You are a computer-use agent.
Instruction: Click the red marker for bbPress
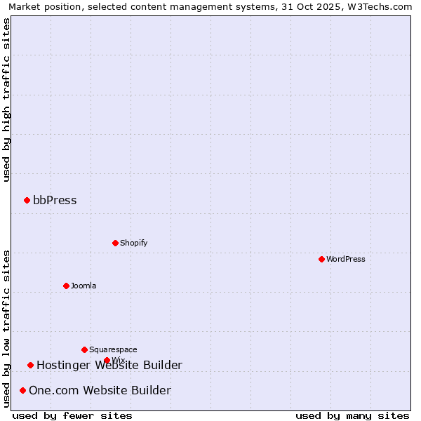[27, 201]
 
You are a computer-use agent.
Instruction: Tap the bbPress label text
[55, 201]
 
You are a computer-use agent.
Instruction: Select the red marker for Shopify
[115, 243]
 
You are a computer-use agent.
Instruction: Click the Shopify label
[133, 243]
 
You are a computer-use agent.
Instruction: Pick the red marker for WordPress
[321, 260]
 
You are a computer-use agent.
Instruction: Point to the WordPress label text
[345, 260]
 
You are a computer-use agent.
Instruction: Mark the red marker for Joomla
[66, 286]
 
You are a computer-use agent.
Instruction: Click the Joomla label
[83, 286]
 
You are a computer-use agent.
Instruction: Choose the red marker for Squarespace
[84, 350]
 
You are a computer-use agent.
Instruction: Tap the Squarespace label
[113, 350]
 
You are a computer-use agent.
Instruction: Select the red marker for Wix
[107, 361]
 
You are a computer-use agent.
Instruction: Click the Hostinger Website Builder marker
[30, 366]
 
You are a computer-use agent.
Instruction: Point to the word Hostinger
[62, 366]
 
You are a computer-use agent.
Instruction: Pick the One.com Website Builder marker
[22, 391]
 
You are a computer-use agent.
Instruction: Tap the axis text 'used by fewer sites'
[72, 416]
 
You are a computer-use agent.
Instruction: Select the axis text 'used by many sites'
[352, 416]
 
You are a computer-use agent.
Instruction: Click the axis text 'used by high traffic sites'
[7, 100]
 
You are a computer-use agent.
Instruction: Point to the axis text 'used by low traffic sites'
[7, 328]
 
